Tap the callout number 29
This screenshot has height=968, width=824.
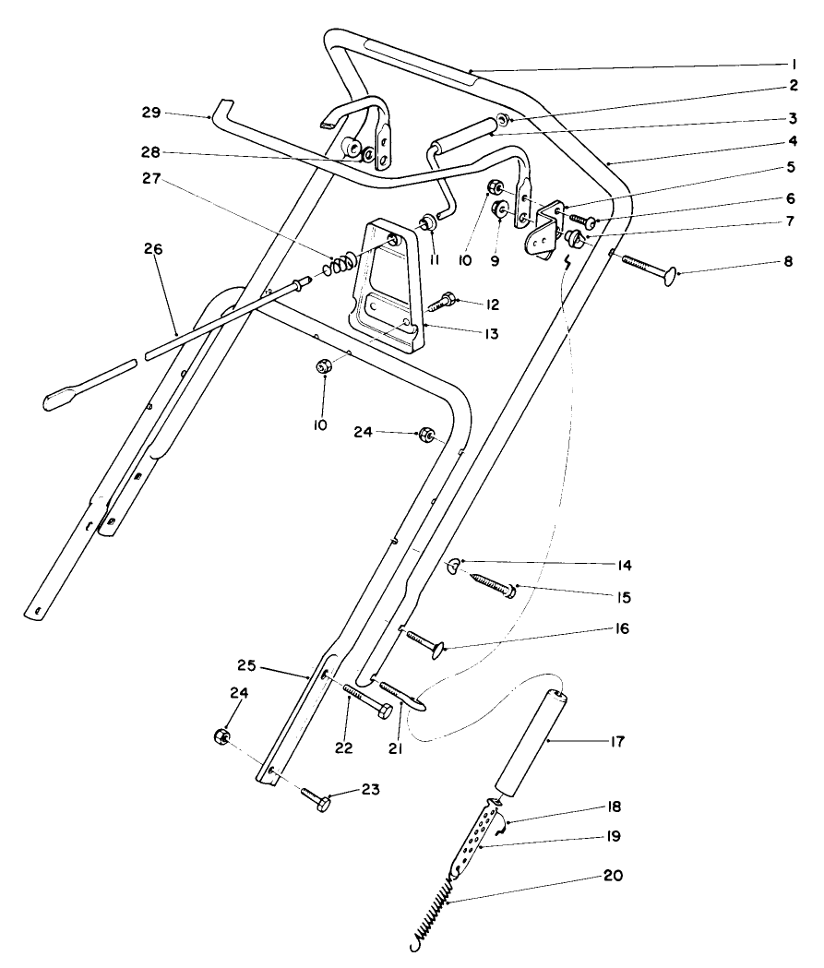[x=150, y=114]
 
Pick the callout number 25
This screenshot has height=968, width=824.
[x=245, y=664]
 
